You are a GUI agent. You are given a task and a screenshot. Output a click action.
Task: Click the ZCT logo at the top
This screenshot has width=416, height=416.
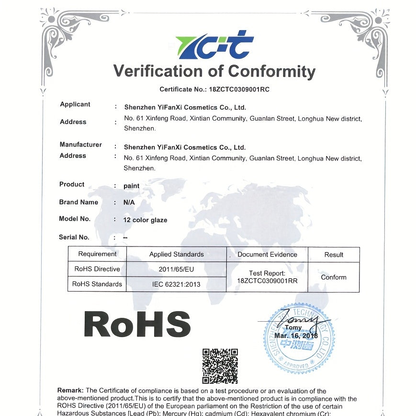(215, 45)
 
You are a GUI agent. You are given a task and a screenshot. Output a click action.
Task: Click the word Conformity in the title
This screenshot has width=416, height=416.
(271, 71)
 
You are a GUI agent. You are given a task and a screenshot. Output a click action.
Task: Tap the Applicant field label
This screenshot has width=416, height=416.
(75, 104)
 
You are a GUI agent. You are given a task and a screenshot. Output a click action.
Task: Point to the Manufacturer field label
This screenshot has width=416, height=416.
(80, 145)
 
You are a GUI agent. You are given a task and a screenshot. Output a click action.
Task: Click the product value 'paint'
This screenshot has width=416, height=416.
(132, 186)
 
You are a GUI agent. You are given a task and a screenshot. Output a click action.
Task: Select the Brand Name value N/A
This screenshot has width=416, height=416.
(129, 202)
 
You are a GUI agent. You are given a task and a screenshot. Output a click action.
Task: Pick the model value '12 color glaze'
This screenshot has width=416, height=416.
(146, 220)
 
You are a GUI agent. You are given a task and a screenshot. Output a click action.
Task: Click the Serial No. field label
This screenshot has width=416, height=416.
(74, 237)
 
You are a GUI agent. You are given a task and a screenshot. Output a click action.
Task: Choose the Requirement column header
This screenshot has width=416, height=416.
(97, 254)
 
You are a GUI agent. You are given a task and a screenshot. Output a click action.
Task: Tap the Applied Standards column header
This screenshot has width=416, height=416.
(176, 254)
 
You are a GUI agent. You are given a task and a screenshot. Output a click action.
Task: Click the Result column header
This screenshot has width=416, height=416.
(334, 255)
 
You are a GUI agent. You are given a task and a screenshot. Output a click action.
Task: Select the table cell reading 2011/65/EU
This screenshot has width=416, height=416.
(176, 269)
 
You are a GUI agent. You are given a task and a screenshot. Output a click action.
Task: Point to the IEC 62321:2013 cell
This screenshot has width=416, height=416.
(176, 284)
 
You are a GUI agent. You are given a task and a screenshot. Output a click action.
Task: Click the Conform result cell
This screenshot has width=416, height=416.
(334, 277)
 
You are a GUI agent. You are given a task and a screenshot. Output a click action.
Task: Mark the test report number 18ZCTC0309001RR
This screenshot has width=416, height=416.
(267, 281)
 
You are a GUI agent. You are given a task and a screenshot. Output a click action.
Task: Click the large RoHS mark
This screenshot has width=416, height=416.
(137, 324)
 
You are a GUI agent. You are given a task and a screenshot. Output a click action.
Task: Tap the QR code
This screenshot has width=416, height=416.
(220, 366)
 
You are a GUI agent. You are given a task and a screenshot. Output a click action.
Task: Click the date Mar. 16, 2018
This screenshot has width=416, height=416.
(296, 336)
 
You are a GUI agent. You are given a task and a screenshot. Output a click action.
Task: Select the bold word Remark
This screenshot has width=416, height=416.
(70, 391)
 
